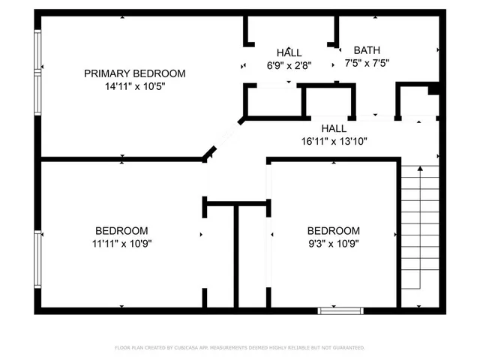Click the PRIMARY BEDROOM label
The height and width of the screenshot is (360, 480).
(x=134, y=73)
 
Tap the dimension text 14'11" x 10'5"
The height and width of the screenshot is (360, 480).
(x=134, y=86)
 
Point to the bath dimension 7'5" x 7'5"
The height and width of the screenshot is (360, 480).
(x=367, y=64)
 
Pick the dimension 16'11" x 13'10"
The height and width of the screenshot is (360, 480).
(x=334, y=141)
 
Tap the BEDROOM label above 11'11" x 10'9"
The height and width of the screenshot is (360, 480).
(x=121, y=230)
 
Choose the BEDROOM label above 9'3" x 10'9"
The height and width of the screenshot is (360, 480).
(x=334, y=230)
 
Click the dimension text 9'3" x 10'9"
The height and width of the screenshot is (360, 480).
(x=334, y=243)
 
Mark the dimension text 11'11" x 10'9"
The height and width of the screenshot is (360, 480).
(x=121, y=243)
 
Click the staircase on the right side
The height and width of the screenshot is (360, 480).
(x=419, y=232)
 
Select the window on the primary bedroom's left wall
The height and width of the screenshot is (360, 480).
(x=37, y=71)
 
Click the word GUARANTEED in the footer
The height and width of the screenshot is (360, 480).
(x=346, y=348)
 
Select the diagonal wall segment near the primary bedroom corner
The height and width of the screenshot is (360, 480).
(x=209, y=153)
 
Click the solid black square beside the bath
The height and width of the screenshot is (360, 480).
(x=433, y=89)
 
